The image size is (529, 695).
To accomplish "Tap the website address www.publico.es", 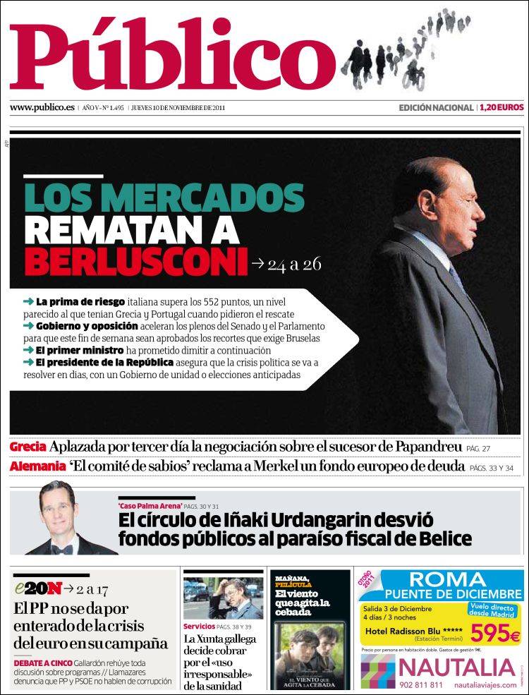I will (42, 108).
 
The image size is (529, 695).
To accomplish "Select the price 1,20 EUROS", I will (501, 108).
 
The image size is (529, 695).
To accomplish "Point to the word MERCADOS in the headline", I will (209, 195).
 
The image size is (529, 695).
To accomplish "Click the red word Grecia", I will (28, 447).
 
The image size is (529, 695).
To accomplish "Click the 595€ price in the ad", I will (495, 633).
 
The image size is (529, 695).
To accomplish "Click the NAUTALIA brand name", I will (456, 667).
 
